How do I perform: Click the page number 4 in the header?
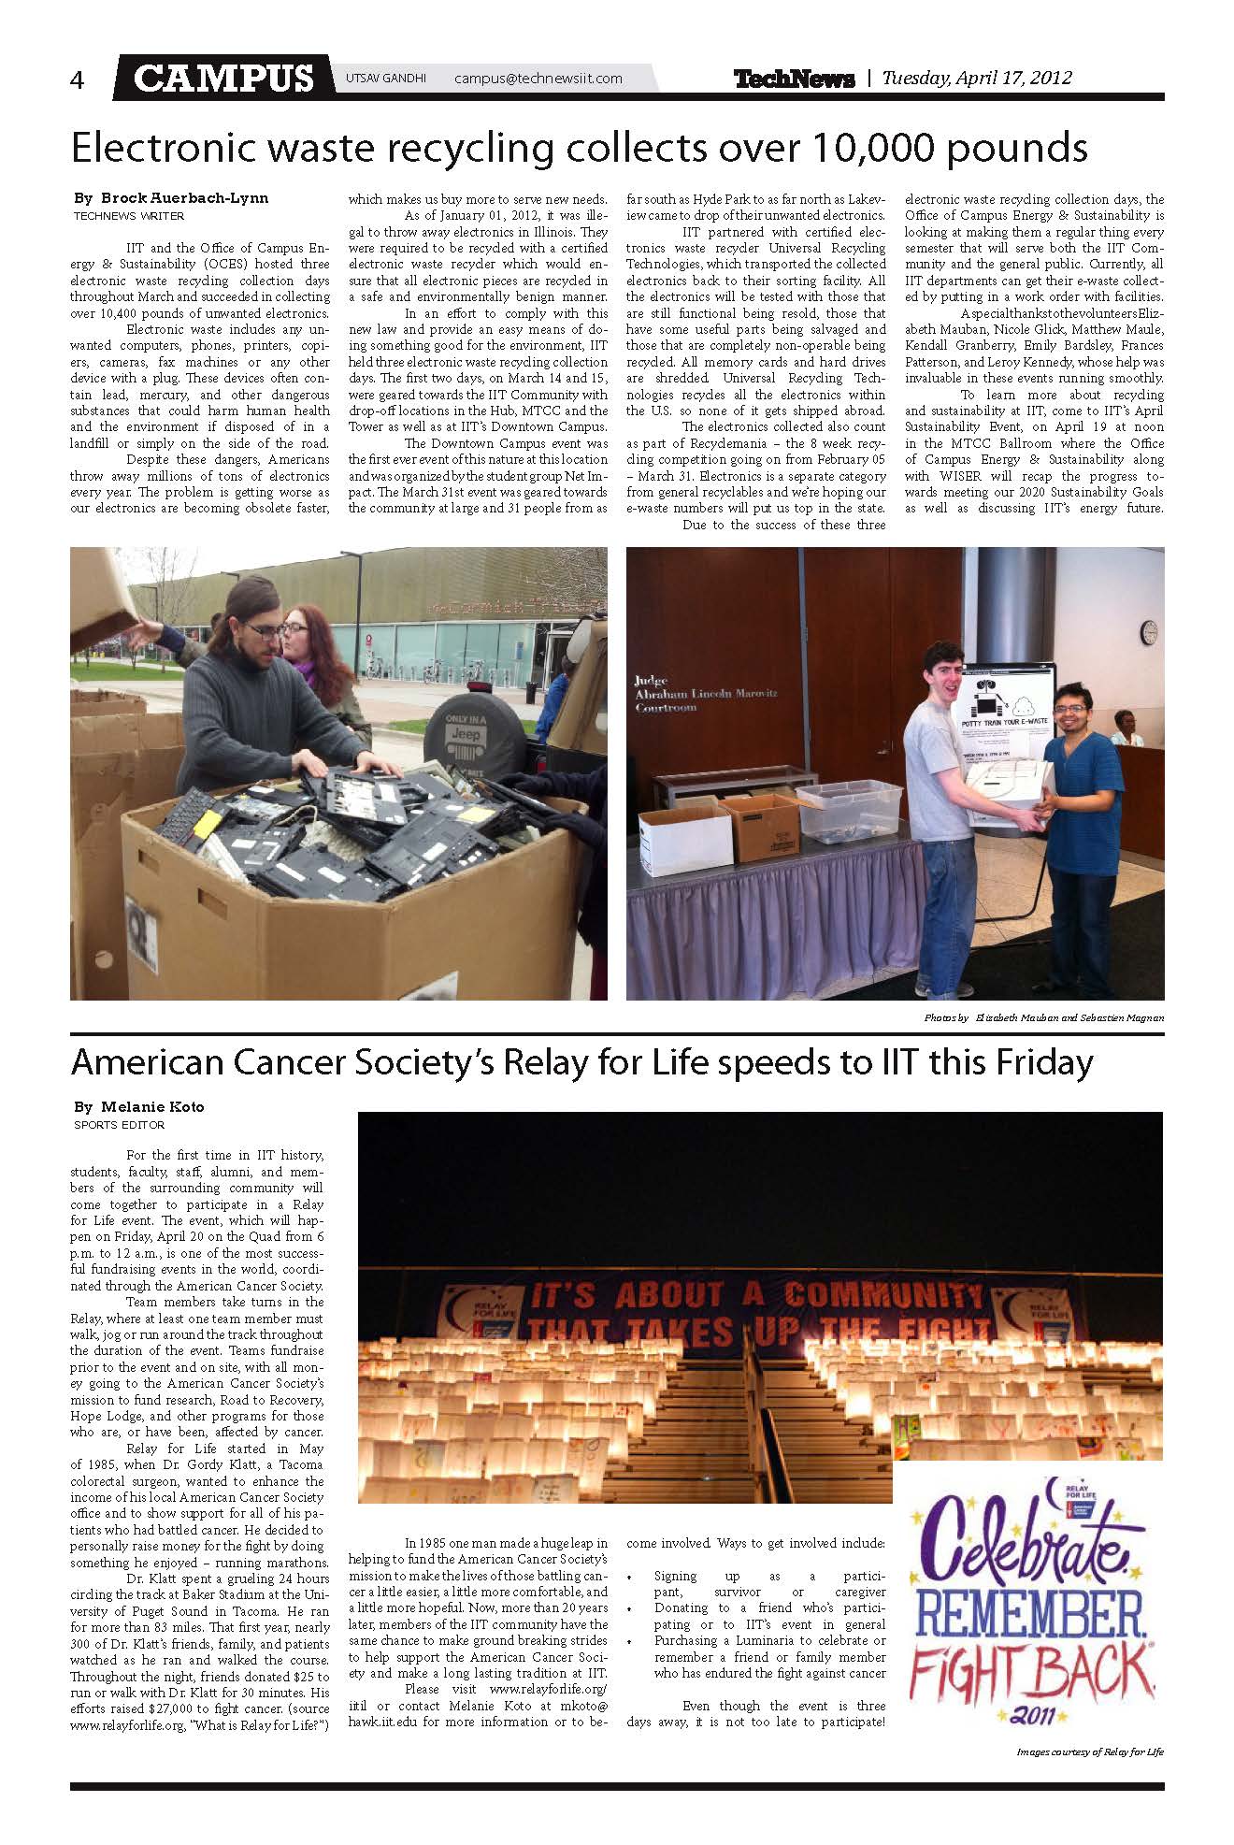(77, 80)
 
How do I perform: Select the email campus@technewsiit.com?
(538, 79)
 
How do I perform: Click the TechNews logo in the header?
(794, 79)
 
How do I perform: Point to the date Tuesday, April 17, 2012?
(977, 79)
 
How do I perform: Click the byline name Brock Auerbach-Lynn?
(183, 198)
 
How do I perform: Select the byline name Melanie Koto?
(151, 1106)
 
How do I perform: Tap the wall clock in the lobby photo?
(1149, 629)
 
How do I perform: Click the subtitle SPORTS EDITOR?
(120, 1125)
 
